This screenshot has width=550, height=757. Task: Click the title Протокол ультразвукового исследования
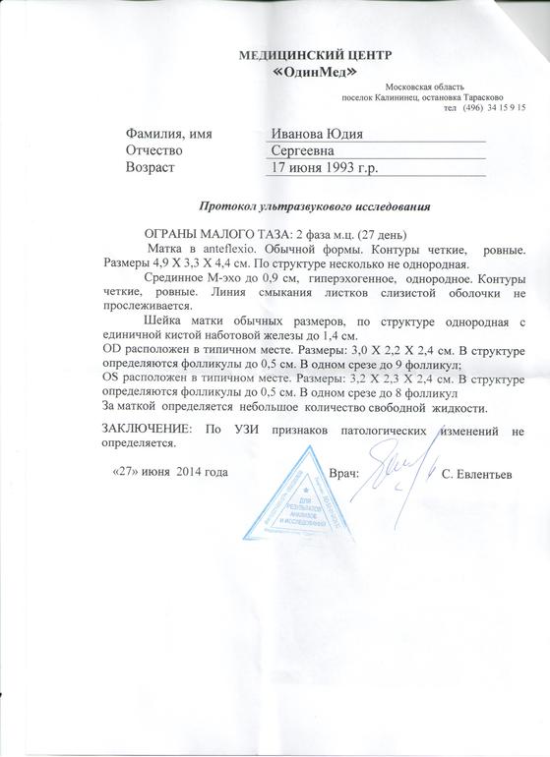point(315,208)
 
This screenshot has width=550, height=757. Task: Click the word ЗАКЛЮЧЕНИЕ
point(148,431)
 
